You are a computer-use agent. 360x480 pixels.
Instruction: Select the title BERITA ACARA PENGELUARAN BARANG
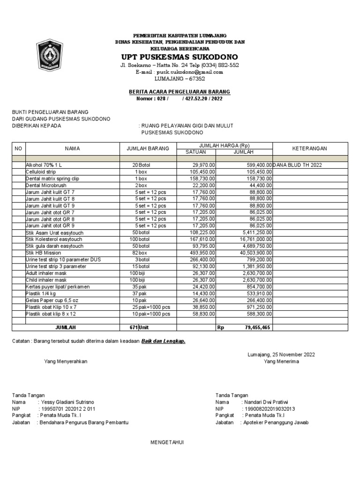click(x=180, y=92)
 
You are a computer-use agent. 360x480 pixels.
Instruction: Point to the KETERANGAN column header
click(x=309, y=149)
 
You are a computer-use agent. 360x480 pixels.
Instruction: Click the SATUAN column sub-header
click(x=195, y=152)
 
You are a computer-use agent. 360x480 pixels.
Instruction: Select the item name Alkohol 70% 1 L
click(x=44, y=165)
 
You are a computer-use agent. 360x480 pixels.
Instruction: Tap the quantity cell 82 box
click(x=140, y=253)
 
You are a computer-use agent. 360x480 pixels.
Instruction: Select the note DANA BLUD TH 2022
click(x=297, y=165)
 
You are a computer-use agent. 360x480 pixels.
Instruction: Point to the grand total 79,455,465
click(x=253, y=328)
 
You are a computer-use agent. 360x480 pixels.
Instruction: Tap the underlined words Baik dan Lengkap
click(x=164, y=341)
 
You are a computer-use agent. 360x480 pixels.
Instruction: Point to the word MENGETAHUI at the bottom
click(x=167, y=442)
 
